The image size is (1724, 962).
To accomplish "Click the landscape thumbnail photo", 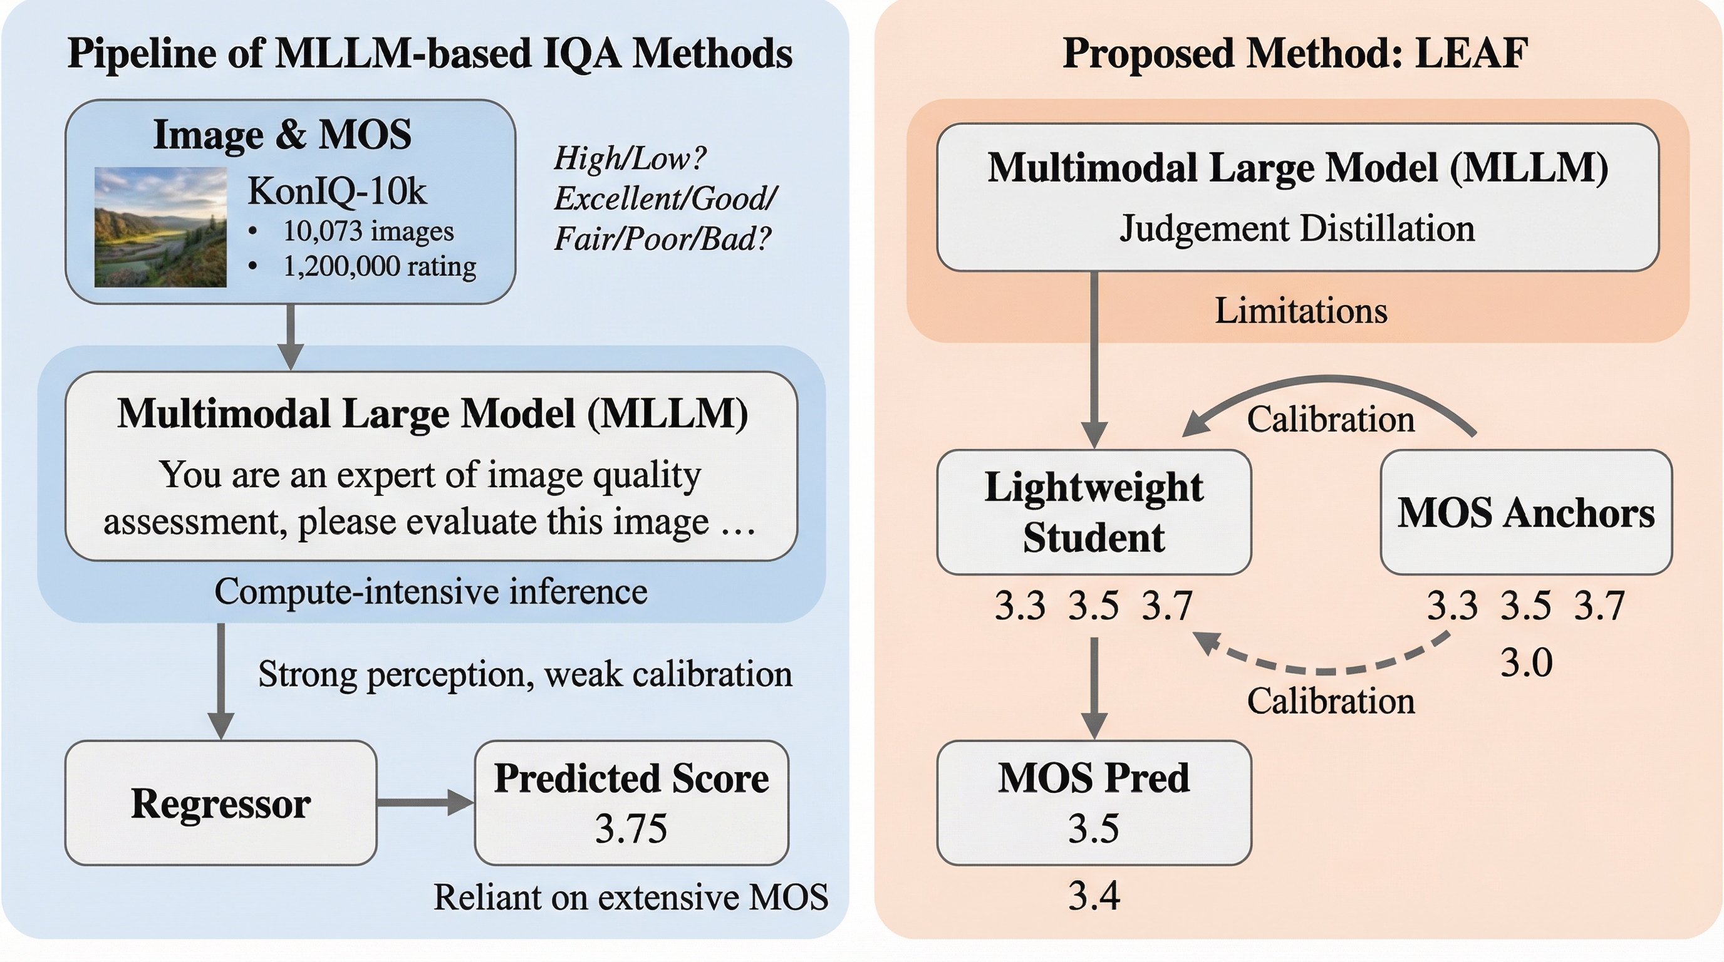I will (x=160, y=227).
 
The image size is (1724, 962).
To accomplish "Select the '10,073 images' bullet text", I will (x=368, y=231).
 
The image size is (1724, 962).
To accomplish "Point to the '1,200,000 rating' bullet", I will (x=380, y=266).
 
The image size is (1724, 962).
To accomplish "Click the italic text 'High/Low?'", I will (x=630, y=158).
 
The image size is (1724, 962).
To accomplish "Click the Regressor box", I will (x=221, y=802).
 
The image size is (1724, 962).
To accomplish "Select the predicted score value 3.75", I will (x=630, y=829).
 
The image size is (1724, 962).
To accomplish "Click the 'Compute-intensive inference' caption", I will (x=431, y=591).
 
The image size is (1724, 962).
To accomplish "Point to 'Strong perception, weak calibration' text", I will (x=525, y=674).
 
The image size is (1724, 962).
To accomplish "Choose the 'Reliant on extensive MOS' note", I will (x=630, y=897).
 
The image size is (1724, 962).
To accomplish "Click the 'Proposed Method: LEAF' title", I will (x=1296, y=53).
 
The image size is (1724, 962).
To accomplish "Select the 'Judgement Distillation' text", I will (x=1297, y=229).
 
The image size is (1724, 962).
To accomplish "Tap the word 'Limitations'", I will (x=1301, y=311).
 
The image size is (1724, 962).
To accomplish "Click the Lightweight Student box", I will (x=1094, y=512).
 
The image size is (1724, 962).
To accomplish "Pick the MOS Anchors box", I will (x=1526, y=512).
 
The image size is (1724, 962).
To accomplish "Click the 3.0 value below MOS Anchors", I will (x=1526, y=664).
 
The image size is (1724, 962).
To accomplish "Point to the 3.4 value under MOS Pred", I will (x=1094, y=896).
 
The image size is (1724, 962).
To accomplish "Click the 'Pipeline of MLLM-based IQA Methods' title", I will (x=430, y=53).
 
